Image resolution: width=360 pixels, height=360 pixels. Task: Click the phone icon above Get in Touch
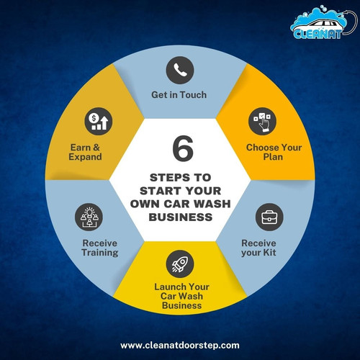180,70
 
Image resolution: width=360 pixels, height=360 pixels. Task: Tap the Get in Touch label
179,95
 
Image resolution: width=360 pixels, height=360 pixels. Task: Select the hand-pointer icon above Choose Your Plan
262,121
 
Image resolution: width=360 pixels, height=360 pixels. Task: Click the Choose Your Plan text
274,152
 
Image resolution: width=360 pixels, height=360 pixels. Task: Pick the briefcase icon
269,217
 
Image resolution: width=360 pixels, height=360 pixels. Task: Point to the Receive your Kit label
258,248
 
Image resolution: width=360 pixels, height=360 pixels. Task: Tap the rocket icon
180,264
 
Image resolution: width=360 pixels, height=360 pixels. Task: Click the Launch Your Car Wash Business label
181,296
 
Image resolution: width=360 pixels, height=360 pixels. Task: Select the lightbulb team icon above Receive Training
89,217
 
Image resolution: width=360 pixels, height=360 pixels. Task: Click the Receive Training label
100,248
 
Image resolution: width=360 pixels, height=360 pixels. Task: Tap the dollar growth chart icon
99,121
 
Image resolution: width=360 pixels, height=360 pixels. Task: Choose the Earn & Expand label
85,152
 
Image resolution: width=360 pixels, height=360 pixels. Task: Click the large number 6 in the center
183,148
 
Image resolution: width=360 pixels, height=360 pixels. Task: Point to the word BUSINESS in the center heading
181,217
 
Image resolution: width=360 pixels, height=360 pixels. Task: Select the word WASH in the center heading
212,204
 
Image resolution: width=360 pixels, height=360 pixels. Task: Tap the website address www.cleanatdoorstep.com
180,346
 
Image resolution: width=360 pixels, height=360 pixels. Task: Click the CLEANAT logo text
318,35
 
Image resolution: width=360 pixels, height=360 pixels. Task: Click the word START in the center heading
159,191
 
